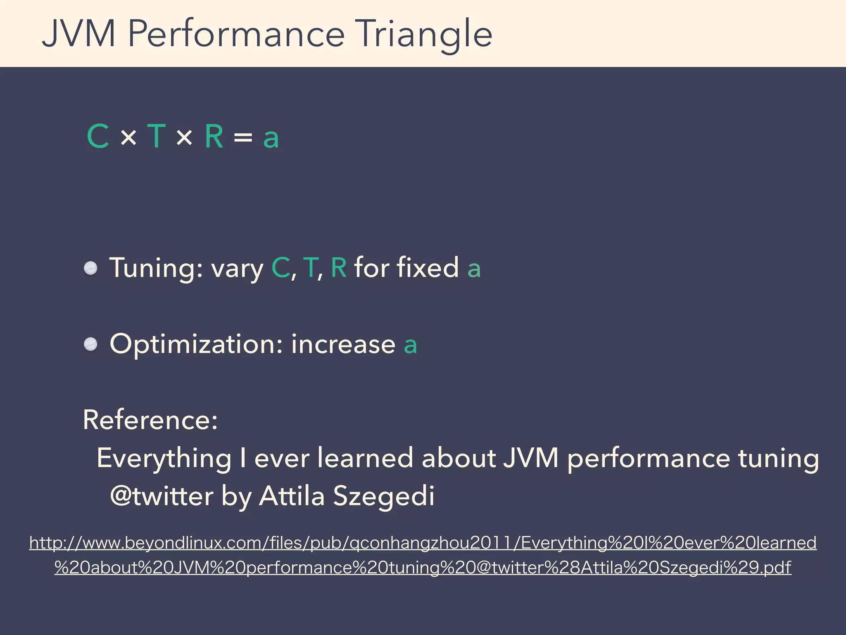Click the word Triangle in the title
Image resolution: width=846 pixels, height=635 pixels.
425,34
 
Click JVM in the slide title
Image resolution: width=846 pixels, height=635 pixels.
78,34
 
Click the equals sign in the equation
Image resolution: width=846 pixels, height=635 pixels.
243,137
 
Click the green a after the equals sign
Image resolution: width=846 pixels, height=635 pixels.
271,138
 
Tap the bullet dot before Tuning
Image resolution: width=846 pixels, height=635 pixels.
90,268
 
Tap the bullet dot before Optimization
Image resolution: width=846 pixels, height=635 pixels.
90,344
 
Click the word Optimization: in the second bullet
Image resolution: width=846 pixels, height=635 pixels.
196,345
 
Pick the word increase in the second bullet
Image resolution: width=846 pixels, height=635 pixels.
343,344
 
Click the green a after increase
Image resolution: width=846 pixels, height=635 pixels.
410,346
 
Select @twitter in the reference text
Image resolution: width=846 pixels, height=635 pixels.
162,496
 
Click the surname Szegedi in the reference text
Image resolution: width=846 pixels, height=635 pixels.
384,496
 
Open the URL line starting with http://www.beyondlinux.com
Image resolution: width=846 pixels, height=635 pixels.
423,543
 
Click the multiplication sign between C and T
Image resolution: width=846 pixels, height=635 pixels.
128,137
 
